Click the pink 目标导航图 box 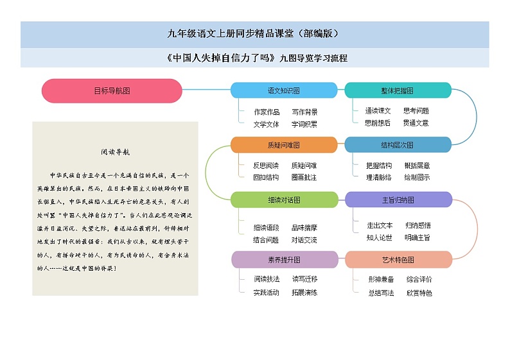112,90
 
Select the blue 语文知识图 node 284,90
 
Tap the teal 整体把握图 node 398,90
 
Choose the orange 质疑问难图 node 284,144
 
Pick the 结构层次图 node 398,144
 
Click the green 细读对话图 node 284,200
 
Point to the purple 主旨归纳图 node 398,200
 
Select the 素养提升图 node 284,260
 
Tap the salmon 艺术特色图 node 398,260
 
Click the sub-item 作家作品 267,112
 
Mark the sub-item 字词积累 304,124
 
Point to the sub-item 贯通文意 416,123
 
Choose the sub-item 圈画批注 304,177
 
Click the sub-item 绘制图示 417,177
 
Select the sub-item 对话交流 304,240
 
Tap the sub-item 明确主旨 418,237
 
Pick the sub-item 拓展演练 304,293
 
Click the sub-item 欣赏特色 419,293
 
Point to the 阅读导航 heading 116,153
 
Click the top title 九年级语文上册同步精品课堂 254,34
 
